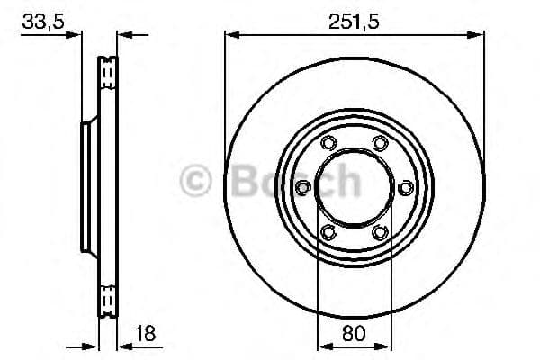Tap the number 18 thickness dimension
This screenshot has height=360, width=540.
click(145, 333)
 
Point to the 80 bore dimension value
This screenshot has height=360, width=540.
click(354, 333)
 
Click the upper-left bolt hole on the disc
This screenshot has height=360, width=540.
click(328, 142)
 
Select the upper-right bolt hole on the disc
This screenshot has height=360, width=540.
click(380, 142)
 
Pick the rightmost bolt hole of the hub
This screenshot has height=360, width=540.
click(406, 187)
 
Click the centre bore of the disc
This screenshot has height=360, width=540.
click(354, 187)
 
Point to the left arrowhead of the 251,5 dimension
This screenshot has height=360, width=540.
click(230, 36)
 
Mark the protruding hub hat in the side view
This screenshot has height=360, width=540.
click(87, 187)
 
